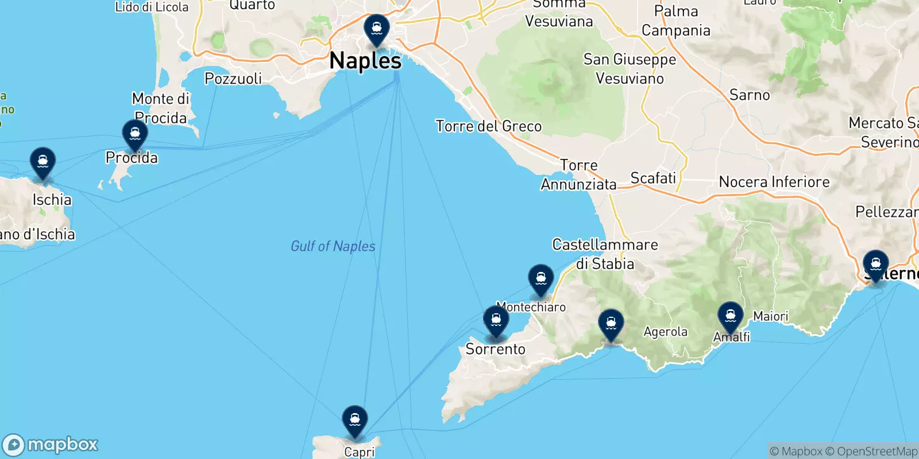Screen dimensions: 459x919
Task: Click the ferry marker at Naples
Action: (377, 29)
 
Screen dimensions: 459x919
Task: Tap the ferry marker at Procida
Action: (135, 134)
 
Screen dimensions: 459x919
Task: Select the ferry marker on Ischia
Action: (43, 162)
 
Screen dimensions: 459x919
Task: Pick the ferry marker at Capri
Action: (355, 420)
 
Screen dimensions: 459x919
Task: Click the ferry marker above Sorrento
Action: (496, 320)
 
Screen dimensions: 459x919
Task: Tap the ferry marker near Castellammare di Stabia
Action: (540, 279)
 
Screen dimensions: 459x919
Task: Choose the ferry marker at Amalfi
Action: (730, 316)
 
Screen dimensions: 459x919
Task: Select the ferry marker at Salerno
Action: (875, 265)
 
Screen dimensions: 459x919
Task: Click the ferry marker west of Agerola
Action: (611, 324)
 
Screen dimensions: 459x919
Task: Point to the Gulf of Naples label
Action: (333, 246)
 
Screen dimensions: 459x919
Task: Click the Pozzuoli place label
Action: (233, 79)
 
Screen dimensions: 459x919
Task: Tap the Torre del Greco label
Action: (488, 126)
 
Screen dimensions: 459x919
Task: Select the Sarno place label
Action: (750, 95)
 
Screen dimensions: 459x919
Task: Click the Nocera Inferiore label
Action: (774, 182)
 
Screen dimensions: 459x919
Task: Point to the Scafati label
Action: (653, 178)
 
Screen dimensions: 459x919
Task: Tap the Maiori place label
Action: (771, 316)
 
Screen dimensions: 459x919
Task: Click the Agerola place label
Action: (665, 332)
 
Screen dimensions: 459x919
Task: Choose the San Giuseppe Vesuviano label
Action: (630, 69)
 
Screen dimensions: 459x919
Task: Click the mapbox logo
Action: (51, 445)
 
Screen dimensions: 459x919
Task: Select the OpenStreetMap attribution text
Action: (877, 452)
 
